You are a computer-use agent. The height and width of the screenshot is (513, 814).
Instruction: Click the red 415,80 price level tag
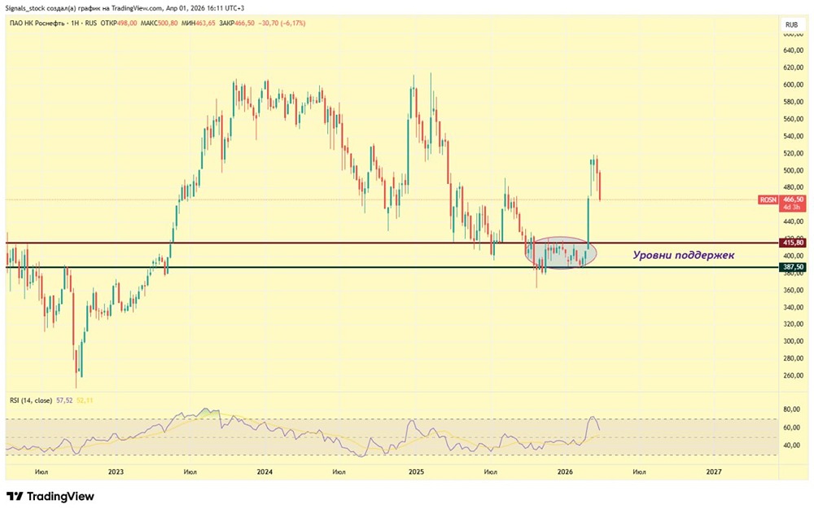point(792,243)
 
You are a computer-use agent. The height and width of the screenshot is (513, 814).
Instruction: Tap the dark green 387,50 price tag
point(792,267)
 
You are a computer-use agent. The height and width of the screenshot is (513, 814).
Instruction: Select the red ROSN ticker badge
point(768,199)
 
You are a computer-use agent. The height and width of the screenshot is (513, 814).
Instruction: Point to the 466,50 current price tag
point(793,199)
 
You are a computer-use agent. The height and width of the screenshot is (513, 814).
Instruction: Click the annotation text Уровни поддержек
point(684,255)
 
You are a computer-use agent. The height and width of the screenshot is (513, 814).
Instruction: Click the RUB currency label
point(790,25)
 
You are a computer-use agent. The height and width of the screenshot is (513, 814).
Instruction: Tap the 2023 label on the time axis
point(116,471)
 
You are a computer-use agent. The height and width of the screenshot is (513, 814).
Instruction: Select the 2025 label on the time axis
point(416,471)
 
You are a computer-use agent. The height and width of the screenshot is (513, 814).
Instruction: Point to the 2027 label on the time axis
point(713,471)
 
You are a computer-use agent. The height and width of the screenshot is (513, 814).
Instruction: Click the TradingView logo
point(50,496)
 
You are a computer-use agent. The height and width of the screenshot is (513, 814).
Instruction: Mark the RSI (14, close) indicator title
point(32,401)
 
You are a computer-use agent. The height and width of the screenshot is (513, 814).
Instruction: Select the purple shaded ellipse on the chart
point(561,254)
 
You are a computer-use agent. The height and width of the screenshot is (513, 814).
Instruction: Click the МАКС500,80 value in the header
point(159,24)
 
